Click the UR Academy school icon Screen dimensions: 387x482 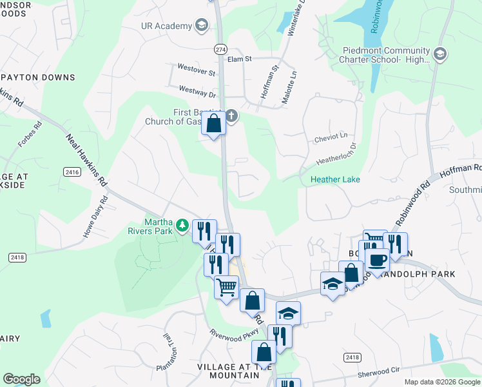tap(202, 26)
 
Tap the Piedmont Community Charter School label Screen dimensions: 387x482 tap(378, 55)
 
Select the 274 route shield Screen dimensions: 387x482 tap(220, 49)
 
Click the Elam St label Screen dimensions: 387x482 tap(239, 59)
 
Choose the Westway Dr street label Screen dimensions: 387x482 tap(197, 92)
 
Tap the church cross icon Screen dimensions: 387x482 tap(231, 117)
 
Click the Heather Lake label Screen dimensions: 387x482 tap(335, 179)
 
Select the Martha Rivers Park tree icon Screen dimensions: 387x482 tap(183, 225)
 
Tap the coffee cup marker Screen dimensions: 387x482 tap(377, 260)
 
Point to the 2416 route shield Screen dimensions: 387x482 tap(72, 172)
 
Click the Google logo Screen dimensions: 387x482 tap(21, 379)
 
